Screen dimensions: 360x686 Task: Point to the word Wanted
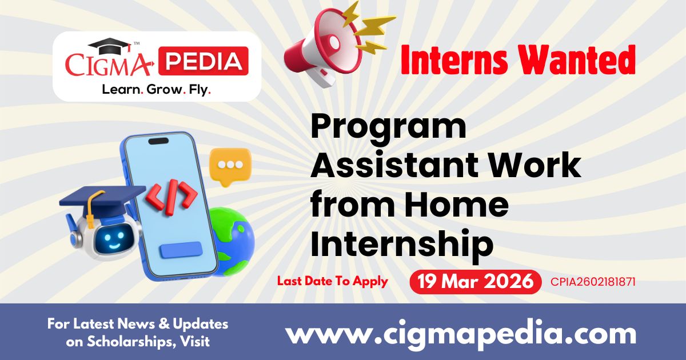click(x=583, y=59)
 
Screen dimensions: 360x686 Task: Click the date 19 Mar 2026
click(x=476, y=282)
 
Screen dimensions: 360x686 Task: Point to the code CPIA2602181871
click(x=593, y=282)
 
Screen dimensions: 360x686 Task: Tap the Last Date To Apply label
click(x=332, y=281)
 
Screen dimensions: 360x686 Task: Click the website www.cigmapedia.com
click(x=461, y=333)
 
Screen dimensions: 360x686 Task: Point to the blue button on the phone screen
click(x=181, y=250)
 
